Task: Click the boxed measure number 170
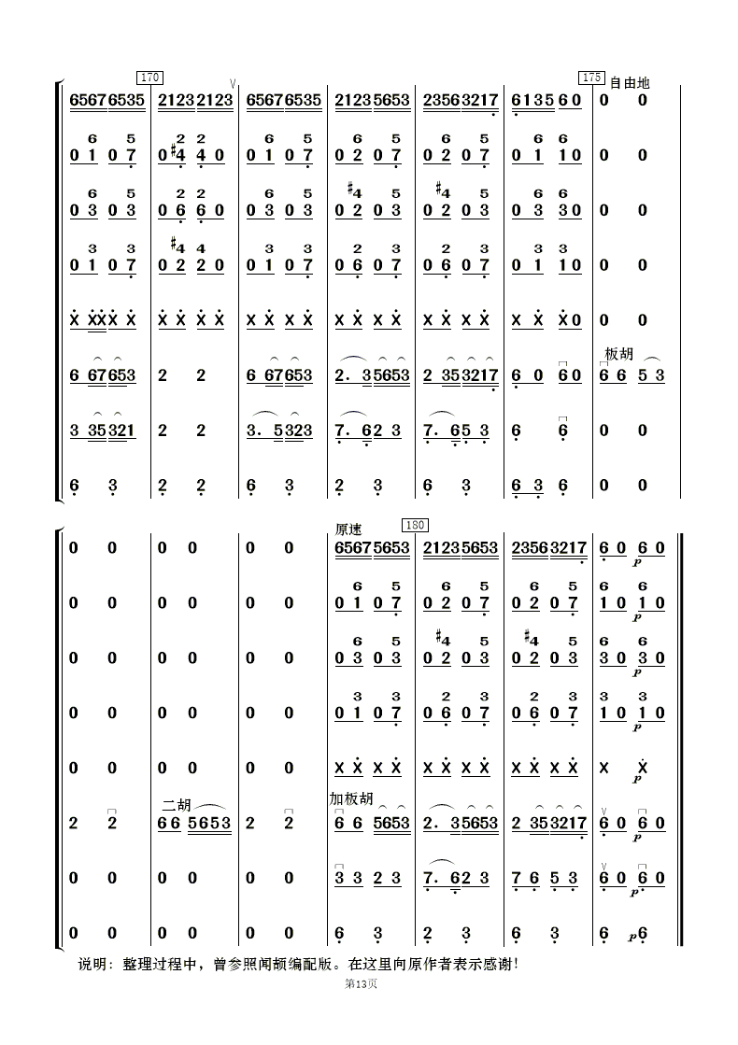[149, 78]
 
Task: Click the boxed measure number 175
[591, 78]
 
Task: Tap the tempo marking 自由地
[629, 82]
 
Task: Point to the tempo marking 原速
[348, 530]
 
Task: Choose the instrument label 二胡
[176, 804]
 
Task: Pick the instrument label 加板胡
[350, 799]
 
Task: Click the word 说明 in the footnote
[93, 963]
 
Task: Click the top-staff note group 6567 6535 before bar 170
[107, 100]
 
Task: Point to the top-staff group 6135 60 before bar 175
[547, 100]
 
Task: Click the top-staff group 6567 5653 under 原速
[372, 548]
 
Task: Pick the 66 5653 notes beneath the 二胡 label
[195, 824]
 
